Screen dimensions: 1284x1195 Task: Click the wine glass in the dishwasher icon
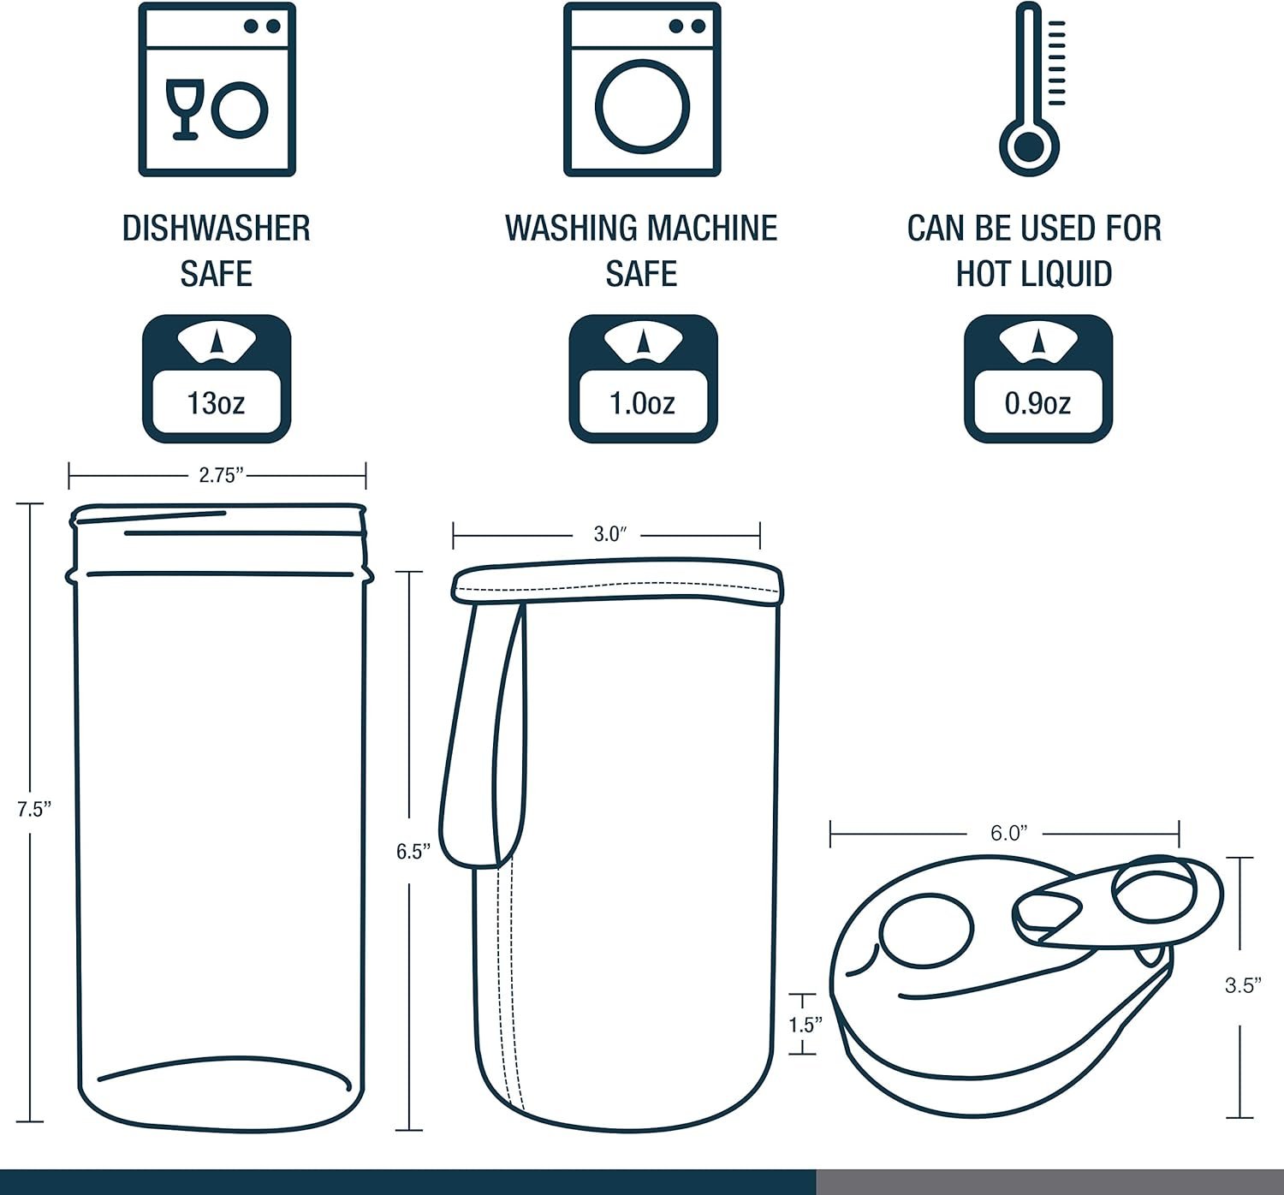point(185,110)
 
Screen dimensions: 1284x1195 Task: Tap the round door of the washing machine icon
point(642,106)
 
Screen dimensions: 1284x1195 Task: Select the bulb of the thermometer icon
point(1029,146)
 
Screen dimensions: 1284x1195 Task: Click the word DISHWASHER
point(217,229)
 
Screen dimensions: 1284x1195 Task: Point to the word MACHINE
point(712,229)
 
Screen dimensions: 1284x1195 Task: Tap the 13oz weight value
point(216,403)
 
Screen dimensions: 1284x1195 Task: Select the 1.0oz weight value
point(642,403)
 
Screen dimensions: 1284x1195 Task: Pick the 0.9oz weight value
point(1037,403)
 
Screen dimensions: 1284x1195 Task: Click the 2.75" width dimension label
point(221,475)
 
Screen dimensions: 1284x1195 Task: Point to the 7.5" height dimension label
point(34,809)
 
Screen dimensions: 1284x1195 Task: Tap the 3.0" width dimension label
point(610,534)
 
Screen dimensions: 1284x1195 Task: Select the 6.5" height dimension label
point(413,852)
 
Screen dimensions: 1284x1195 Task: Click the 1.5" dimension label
point(805,1025)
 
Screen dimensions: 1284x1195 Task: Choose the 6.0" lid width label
point(1009,833)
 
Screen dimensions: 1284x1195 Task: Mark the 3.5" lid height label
point(1243,985)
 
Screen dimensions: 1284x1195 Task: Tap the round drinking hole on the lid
point(926,930)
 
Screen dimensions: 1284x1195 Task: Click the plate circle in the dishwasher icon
point(240,110)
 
